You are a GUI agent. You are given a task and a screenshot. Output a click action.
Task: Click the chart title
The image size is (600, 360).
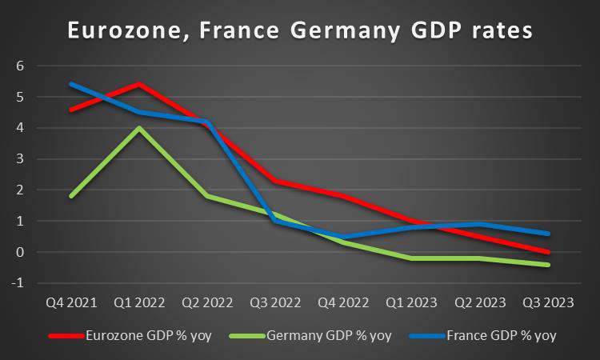coord(299,32)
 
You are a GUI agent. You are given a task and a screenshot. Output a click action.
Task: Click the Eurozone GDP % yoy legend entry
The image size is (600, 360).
coord(149,335)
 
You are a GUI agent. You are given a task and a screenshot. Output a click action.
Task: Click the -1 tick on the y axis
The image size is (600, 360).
coord(18,283)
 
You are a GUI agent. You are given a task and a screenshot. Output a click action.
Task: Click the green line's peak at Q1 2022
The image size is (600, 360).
coord(140,128)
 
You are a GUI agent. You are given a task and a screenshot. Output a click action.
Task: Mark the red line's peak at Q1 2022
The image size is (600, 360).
coord(140,84)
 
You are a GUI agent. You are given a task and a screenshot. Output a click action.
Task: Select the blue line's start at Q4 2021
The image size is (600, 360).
coord(71,84)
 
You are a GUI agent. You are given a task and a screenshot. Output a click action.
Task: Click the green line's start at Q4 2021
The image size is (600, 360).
coord(71,196)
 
